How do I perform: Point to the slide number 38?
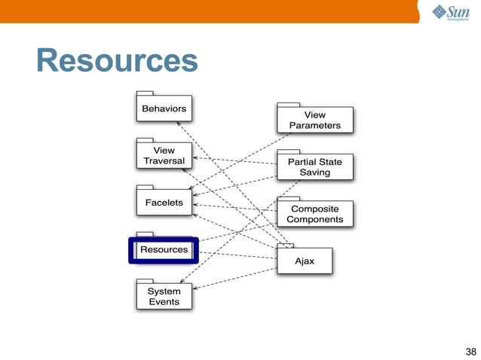[471, 351]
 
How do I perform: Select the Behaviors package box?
[164, 109]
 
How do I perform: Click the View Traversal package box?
[164, 155]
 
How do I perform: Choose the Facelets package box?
[164, 203]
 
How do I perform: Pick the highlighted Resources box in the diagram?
[164, 249]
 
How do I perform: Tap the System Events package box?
[164, 296]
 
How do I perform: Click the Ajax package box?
[304, 261]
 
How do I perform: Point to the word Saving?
[314, 172]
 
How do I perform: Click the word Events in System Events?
[164, 302]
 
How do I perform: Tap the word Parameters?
[314, 126]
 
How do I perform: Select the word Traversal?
[164, 161]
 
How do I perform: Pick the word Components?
[314, 220]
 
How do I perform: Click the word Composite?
[314, 209]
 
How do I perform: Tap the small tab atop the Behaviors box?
[145, 93]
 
